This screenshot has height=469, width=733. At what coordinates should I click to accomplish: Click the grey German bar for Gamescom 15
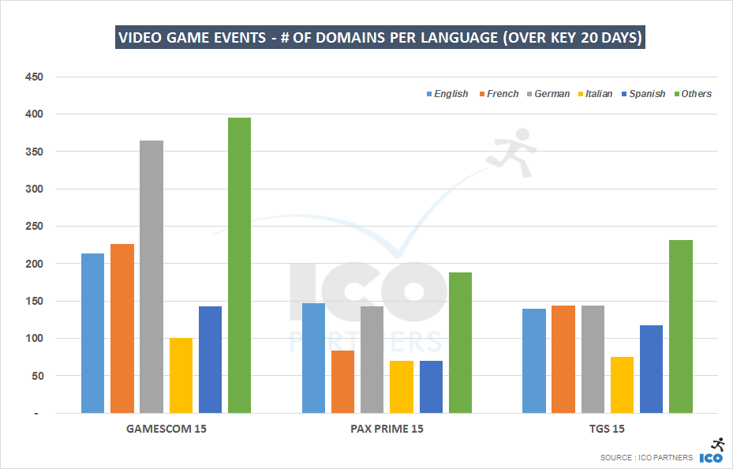(151, 276)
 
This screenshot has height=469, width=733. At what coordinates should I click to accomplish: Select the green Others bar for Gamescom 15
(239, 265)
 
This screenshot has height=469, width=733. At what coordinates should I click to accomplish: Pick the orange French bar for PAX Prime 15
(342, 381)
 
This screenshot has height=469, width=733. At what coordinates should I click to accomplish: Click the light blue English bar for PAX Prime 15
(313, 358)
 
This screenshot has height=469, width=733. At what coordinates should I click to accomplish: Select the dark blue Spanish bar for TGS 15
(651, 369)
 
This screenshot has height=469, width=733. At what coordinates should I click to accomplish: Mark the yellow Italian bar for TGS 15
(622, 385)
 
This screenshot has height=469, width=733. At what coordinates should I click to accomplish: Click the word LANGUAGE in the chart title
(452, 38)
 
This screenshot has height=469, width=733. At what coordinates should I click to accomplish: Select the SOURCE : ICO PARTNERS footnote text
(646, 457)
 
